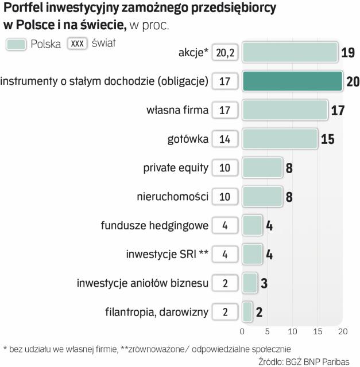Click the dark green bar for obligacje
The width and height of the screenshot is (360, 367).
pyautogui.click(x=292, y=81)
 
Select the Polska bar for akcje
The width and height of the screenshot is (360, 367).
pyautogui.click(x=289, y=53)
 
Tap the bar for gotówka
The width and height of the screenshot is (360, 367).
pyautogui.click(x=280, y=138)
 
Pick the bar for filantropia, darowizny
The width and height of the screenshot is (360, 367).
pyautogui.click(x=247, y=312)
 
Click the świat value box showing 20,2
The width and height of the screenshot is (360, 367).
pyautogui.click(x=224, y=53)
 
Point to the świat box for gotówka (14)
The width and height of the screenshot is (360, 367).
pyautogui.click(x=224, y=138)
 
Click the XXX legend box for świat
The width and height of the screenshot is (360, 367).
pyautogui.click(x=76, y=44)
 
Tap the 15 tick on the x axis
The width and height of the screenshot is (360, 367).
pyautogui.click(x=318, y=331)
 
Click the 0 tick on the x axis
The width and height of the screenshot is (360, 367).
pyautogui.click(x=242, y=331)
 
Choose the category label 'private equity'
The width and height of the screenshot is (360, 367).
pyautogui.click(x=175, y=167)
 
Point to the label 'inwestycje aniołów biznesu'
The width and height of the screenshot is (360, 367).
pyautogui.click(x=142, y=283)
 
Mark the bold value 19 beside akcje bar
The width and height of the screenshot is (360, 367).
pyautogui.click(x=347, y=53)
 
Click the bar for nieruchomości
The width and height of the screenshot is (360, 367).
pyautogui.click(x=262, y=196)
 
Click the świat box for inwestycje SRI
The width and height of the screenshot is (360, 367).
pyautogui.click(x=224, y=254)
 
